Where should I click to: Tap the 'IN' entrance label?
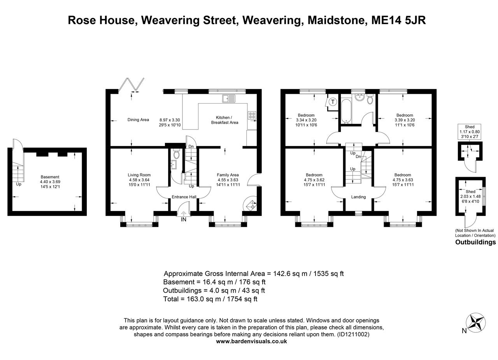point(184,220)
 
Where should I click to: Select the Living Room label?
point(139,175)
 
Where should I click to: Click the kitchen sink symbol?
point(229,98)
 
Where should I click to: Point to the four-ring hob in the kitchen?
point(252,115)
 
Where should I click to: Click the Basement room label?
point(50,177)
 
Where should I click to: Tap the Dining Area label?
point(138,120)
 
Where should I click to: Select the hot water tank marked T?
point(333,102)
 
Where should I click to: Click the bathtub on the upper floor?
point(346,110)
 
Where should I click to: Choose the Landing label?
point(358,197)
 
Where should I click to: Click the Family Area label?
point(228,175)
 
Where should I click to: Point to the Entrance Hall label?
point(184,197)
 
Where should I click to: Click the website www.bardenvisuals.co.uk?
point(251,341)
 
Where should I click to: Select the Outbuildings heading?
point(475,242)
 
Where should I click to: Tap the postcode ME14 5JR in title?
point(398,20)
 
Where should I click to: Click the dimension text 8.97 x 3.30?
point(170,120)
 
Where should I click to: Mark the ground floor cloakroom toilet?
point(176,154)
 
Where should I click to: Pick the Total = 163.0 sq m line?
point(210,299)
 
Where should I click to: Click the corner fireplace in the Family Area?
point(250,205)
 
